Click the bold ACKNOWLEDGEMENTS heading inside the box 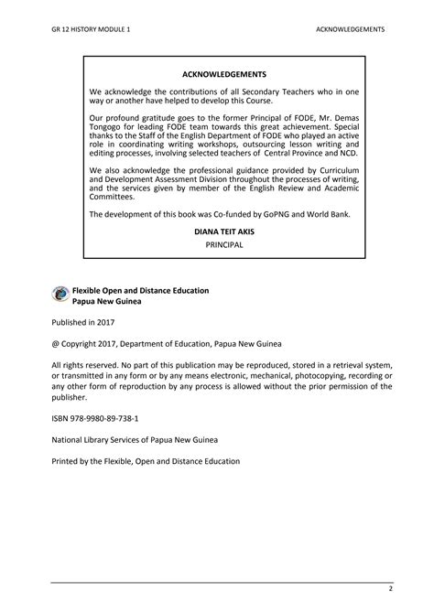pos(224,73)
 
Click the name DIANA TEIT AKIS pos(224,233)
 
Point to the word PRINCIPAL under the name pos(224,245)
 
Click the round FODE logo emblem pos(60,295)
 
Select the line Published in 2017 pos(83,324)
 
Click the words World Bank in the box pos(339,214)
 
